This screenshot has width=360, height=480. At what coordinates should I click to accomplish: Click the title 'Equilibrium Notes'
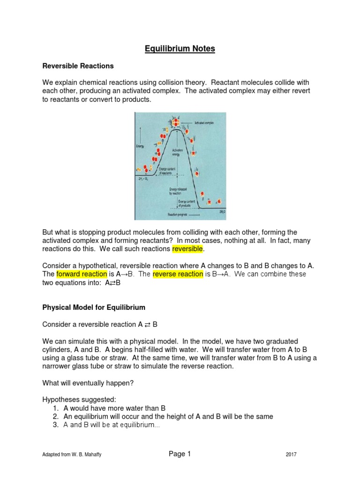(x=180, y=48)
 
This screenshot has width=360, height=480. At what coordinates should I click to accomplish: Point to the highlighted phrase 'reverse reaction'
(x=178, y=274)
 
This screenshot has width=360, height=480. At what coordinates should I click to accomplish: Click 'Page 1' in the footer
(x=180, y=453)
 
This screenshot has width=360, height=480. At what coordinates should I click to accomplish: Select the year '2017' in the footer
(x=291, y=454)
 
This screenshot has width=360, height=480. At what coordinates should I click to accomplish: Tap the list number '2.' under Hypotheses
(x=55, y=416)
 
